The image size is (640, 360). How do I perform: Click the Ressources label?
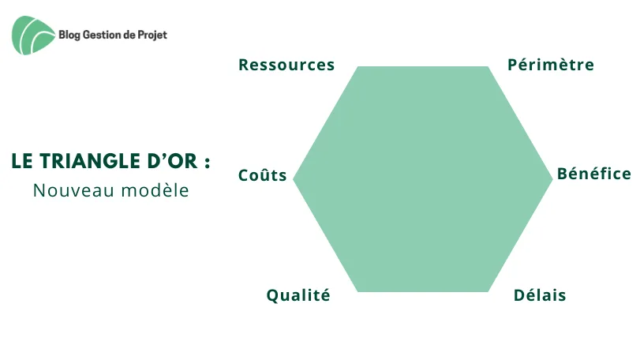click(286, 65)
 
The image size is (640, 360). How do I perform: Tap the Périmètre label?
click(551, 65)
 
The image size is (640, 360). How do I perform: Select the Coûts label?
click(263, 175)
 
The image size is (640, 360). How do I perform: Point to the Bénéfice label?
click(594, 174)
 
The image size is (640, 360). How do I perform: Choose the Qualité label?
click(298, 295)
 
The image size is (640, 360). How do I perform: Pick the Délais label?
click(540, 295)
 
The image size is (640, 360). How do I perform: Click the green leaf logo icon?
click(33, 35)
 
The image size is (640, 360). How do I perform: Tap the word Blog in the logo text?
click(69, 35)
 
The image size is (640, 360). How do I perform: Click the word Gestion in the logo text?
click(102, 35)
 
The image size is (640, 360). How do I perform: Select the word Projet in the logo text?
click(152, 35)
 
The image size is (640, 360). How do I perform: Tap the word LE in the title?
click(22, 161)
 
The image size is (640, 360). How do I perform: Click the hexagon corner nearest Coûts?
click(293, 178)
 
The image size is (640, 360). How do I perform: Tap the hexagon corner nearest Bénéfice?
click(552, 178)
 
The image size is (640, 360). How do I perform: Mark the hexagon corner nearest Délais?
click(488, 291)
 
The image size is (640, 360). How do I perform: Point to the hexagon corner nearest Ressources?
click(358, 66)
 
